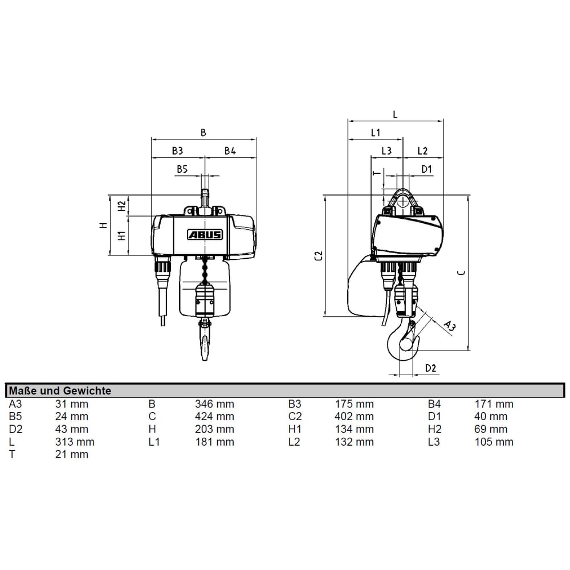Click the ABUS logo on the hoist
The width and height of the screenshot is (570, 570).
[x=204, y=234]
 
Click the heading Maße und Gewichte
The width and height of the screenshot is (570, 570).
[x=59, y=390]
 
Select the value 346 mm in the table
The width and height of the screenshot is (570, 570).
[x=214, y=404]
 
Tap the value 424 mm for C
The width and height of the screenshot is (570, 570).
[x=214, y=417]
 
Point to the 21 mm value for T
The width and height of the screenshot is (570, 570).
[x=72, y=454]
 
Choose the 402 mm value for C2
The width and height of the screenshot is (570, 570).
[x=355, y=417]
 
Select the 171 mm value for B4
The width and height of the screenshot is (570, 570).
[x=494, y=404]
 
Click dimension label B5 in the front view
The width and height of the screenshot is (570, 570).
[x=182, y=169]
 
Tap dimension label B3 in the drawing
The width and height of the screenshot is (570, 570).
[x=177, y=150]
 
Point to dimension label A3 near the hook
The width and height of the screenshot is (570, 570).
[x=449, y=325]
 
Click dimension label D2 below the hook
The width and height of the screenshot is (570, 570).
[x=431, y=368]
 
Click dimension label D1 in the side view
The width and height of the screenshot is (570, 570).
[x=426, y=169]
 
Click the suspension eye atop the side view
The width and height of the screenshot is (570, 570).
[x=402, y=200]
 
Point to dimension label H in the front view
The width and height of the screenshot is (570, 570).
[x=103, y=225]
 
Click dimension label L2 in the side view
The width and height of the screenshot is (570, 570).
[x=422, y=150]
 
